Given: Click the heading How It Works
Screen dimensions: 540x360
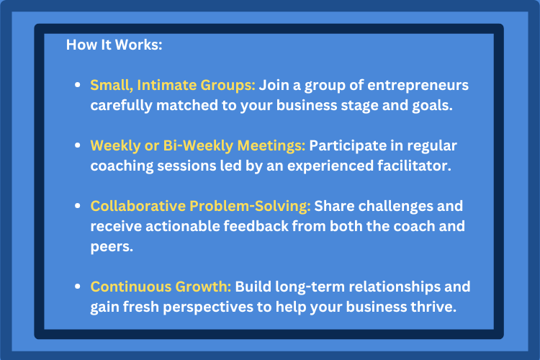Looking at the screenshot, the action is (x=114, y=45).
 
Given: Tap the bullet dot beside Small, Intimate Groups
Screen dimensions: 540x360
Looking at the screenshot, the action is (x=78, y=85).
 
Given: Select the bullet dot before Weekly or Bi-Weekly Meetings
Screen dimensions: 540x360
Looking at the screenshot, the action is (x=78, y=145).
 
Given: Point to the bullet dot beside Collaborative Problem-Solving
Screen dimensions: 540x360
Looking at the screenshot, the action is (x=78, y=206).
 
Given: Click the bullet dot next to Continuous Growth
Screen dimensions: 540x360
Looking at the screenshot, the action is (x=78, y=287).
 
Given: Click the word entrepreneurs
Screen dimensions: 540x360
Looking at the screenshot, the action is (x=418, y=86).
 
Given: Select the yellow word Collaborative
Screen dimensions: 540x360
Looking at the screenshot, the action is (x=138, y=206).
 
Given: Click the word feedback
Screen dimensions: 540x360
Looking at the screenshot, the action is (x=256, y=226).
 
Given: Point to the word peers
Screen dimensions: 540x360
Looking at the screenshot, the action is (x=112, y=247).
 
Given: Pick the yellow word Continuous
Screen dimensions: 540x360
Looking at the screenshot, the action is (x=131, y=287).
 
